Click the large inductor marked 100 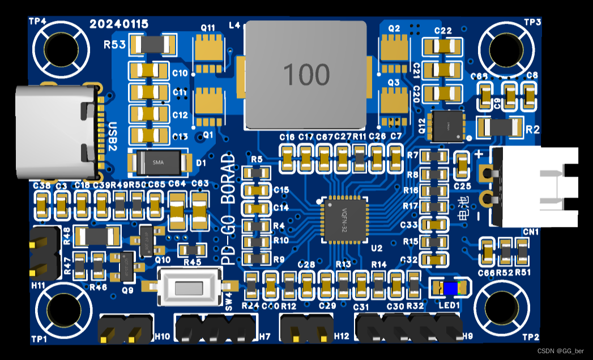click(x=306, y=74)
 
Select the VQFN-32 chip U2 click(x=343, y=220)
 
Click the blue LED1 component click(x=451, y=288)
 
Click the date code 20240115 click(x=119, y=24)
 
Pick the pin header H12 click(x=306, y=329)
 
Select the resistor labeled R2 click(x=499, y=127)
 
